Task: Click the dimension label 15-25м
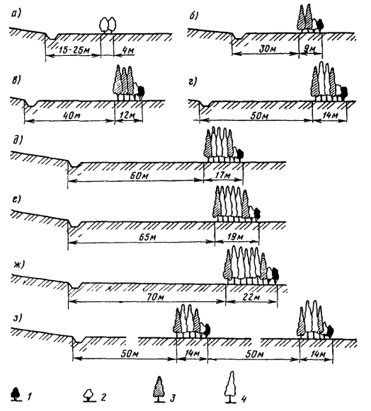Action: click(74, 50)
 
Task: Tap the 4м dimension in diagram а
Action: click(128, 50)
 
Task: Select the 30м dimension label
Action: click(267, 49)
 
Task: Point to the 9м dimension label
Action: click(310, 49)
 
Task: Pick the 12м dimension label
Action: click(128, 115)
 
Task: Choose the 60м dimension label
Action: click(139, 175)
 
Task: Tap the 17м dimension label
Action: click(223, 175)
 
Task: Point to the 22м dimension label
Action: click(251, 296)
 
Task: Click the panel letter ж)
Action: click(18, 265)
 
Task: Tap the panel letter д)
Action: click(17, 140)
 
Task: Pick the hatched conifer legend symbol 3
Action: click(159, 389)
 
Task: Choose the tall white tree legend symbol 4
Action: click(230, 387)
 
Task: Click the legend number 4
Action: click(244, 398)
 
